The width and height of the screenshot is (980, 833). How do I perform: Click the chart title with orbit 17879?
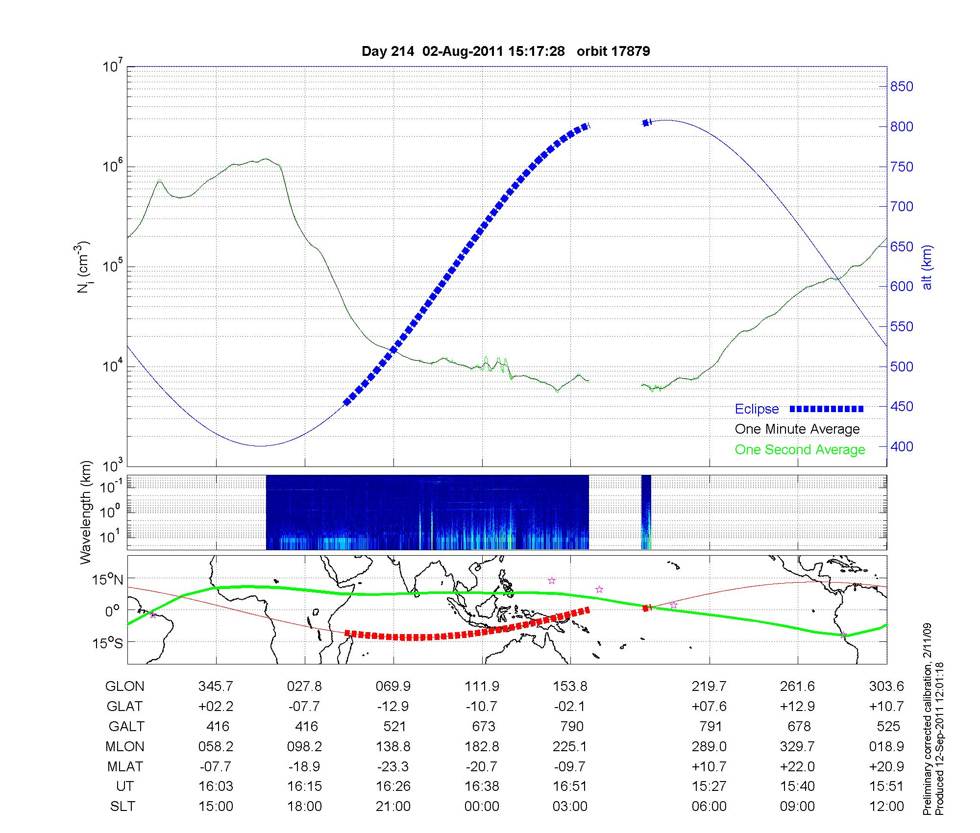coord(506,51)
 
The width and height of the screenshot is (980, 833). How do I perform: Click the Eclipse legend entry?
coord(757,409)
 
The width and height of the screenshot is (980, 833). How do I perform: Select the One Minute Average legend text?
coord(797,429)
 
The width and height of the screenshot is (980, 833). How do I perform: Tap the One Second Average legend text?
coord(800,450)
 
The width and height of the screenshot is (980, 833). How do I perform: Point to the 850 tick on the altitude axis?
coord(902,87)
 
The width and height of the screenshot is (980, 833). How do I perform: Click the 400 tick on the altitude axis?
coord(902,447)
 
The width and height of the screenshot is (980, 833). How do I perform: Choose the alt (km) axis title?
coord(927,267)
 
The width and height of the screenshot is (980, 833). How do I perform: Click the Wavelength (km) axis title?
coord(86,512)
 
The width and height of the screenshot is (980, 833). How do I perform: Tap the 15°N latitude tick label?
coord(107,580)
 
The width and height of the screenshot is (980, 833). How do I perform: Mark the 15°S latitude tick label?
coord(107,642)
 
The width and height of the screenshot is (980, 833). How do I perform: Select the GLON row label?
coord(124,686)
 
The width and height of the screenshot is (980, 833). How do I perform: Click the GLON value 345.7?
coord(216,686)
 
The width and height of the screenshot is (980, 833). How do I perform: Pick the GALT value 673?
coord(483,727)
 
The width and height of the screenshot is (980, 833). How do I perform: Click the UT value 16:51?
coord(570,786)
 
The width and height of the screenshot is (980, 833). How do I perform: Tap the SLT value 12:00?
coord(887,807)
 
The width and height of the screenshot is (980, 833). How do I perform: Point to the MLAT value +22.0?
coord(797,767)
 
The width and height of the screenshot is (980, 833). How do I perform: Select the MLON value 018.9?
coord(887,747)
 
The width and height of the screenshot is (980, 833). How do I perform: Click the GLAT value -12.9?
coord(393,707)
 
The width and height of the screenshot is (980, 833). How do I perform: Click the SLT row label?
coord(122,807)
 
